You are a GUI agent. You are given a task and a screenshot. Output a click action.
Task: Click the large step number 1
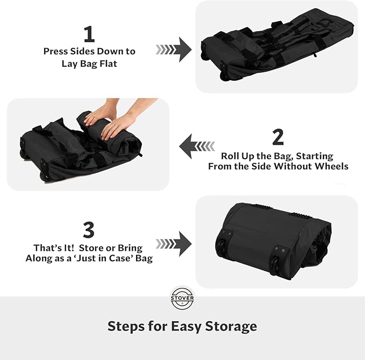pyautogui.click(x=89, y=34)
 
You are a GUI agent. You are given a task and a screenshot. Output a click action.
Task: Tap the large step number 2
pyautogui.click(x=278, y=137)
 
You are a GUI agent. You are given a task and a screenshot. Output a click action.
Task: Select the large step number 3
pyautogui.click(x=89, y=230)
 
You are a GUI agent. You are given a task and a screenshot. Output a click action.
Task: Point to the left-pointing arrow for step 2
pyautogui.click(x=197, y=146)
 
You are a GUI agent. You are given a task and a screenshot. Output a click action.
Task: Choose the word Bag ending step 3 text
pyautogui.click(x=144, y=258)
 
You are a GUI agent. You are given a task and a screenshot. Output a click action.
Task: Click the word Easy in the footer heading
pyautogui.click(x=185, y=326)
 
